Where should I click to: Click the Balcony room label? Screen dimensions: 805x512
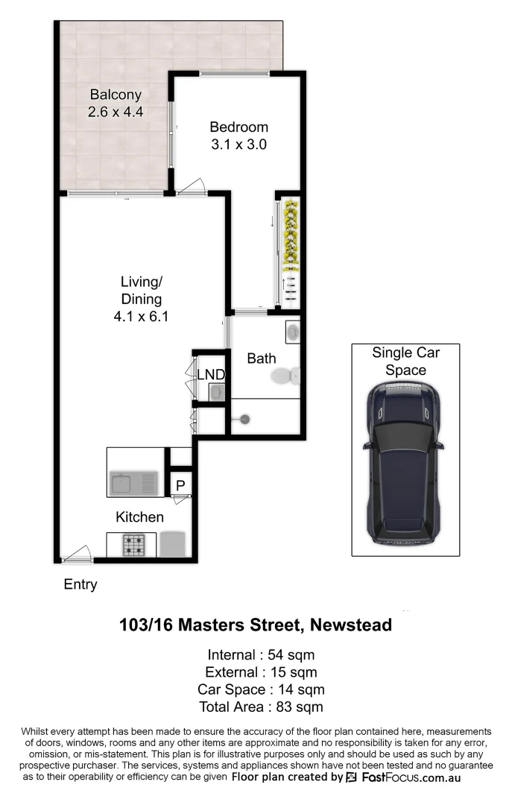coord(116,95)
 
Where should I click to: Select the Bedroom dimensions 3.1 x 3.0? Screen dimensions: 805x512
coord(238,145)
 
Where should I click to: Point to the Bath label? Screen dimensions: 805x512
coord(262,359)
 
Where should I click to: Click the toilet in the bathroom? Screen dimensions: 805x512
coord(285,377)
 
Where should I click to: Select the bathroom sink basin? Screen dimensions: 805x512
coord(292,330)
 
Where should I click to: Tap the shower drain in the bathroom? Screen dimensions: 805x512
coord(244,419)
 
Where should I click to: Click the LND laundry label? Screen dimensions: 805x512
coord(210,374)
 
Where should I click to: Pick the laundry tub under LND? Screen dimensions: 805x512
coord(215,392)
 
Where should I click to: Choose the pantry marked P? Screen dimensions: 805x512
coord(180,485)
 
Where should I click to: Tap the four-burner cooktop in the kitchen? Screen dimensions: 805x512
coord(133,546)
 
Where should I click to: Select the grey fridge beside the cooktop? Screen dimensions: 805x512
coord(171,543)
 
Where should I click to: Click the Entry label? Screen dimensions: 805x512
coord(80,584)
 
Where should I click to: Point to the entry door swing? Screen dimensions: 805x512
coord(77,554)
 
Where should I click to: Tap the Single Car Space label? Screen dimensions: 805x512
coord(405,361)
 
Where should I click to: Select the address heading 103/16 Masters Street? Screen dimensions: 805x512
coord(256,625)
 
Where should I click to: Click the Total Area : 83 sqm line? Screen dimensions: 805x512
coord(261,707)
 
